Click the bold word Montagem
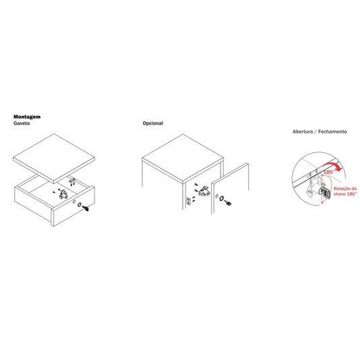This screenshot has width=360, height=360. click(27, 117)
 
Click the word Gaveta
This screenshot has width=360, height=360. click(22, 123)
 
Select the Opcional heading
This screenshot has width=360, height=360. click(152, 123)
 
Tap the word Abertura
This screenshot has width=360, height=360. click(303, 131)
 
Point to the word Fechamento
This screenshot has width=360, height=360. click(332, 131)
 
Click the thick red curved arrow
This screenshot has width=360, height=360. click(332, 166)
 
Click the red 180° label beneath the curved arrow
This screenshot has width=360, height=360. click(328, 172)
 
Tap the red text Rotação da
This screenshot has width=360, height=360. click(345, 189)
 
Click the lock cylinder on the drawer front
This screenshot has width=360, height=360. click(86, 208)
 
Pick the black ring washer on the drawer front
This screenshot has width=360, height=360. click(80, 204)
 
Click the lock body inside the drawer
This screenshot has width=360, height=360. click(63, 194)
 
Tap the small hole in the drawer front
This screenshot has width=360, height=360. click(74, 202)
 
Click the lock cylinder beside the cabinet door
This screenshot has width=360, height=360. click(229, 203)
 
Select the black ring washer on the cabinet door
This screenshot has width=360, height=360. click(222, 198)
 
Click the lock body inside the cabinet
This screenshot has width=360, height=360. click(204, 191)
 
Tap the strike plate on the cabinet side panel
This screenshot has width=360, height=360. click(189, 201)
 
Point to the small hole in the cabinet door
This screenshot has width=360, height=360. click(216, 196)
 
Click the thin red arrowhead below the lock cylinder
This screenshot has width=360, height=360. click(323, 202)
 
